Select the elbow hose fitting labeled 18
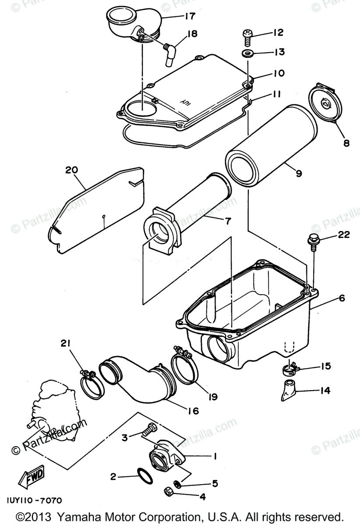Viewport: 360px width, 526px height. (170, 52)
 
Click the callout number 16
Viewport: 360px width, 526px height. (193, 411)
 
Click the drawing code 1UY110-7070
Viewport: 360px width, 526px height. (34, 500)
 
